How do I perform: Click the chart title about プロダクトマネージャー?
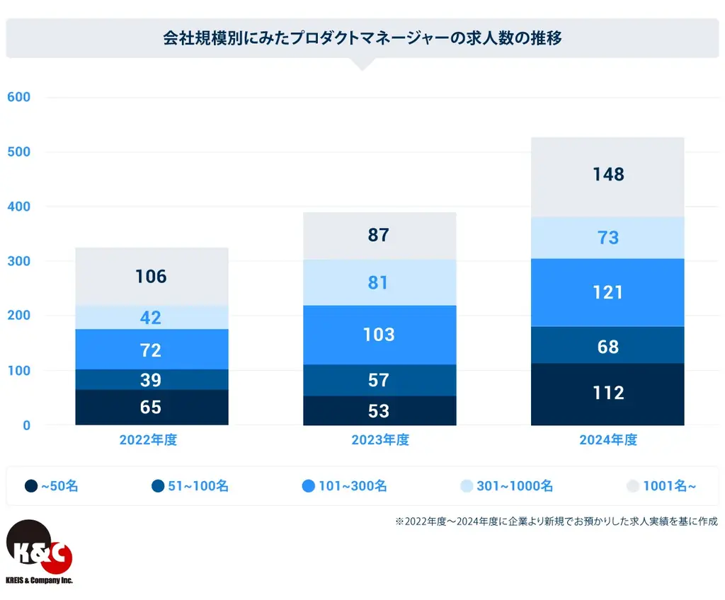coord(362,38)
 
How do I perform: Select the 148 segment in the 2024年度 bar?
coord(607,174)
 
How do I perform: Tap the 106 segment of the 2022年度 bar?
coord(152,276)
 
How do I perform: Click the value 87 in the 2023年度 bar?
coord(379,235)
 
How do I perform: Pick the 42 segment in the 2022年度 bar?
coord(152,318)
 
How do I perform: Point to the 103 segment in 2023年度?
coord(379,335)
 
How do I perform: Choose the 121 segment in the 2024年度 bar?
coord(607,292)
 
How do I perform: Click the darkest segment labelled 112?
coord(607,393)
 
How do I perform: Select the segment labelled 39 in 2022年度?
coord(152,380)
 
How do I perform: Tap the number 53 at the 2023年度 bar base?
coord(379,411)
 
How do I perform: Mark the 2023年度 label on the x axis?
coord(380,440)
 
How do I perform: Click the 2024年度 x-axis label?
coord(608,440)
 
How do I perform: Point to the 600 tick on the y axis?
coord(18,97)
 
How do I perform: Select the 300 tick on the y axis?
coord(18,261)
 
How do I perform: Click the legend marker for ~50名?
coord(31,486)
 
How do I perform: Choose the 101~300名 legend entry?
coord(344,486)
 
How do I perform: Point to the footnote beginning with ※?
coord(556,521)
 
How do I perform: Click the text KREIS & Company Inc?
coord(39,580)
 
